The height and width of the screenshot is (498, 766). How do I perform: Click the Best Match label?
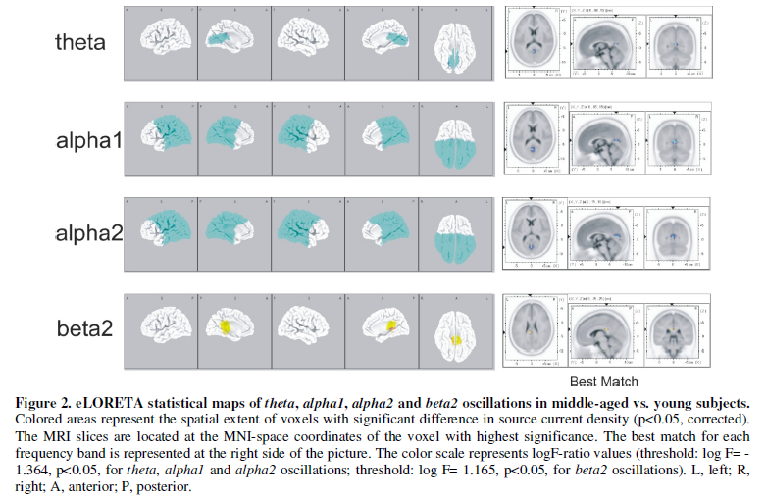tap(604, 381)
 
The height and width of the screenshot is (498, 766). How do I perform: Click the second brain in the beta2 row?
tap(234, 326)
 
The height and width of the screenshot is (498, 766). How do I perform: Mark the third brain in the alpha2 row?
tap(307, 232)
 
